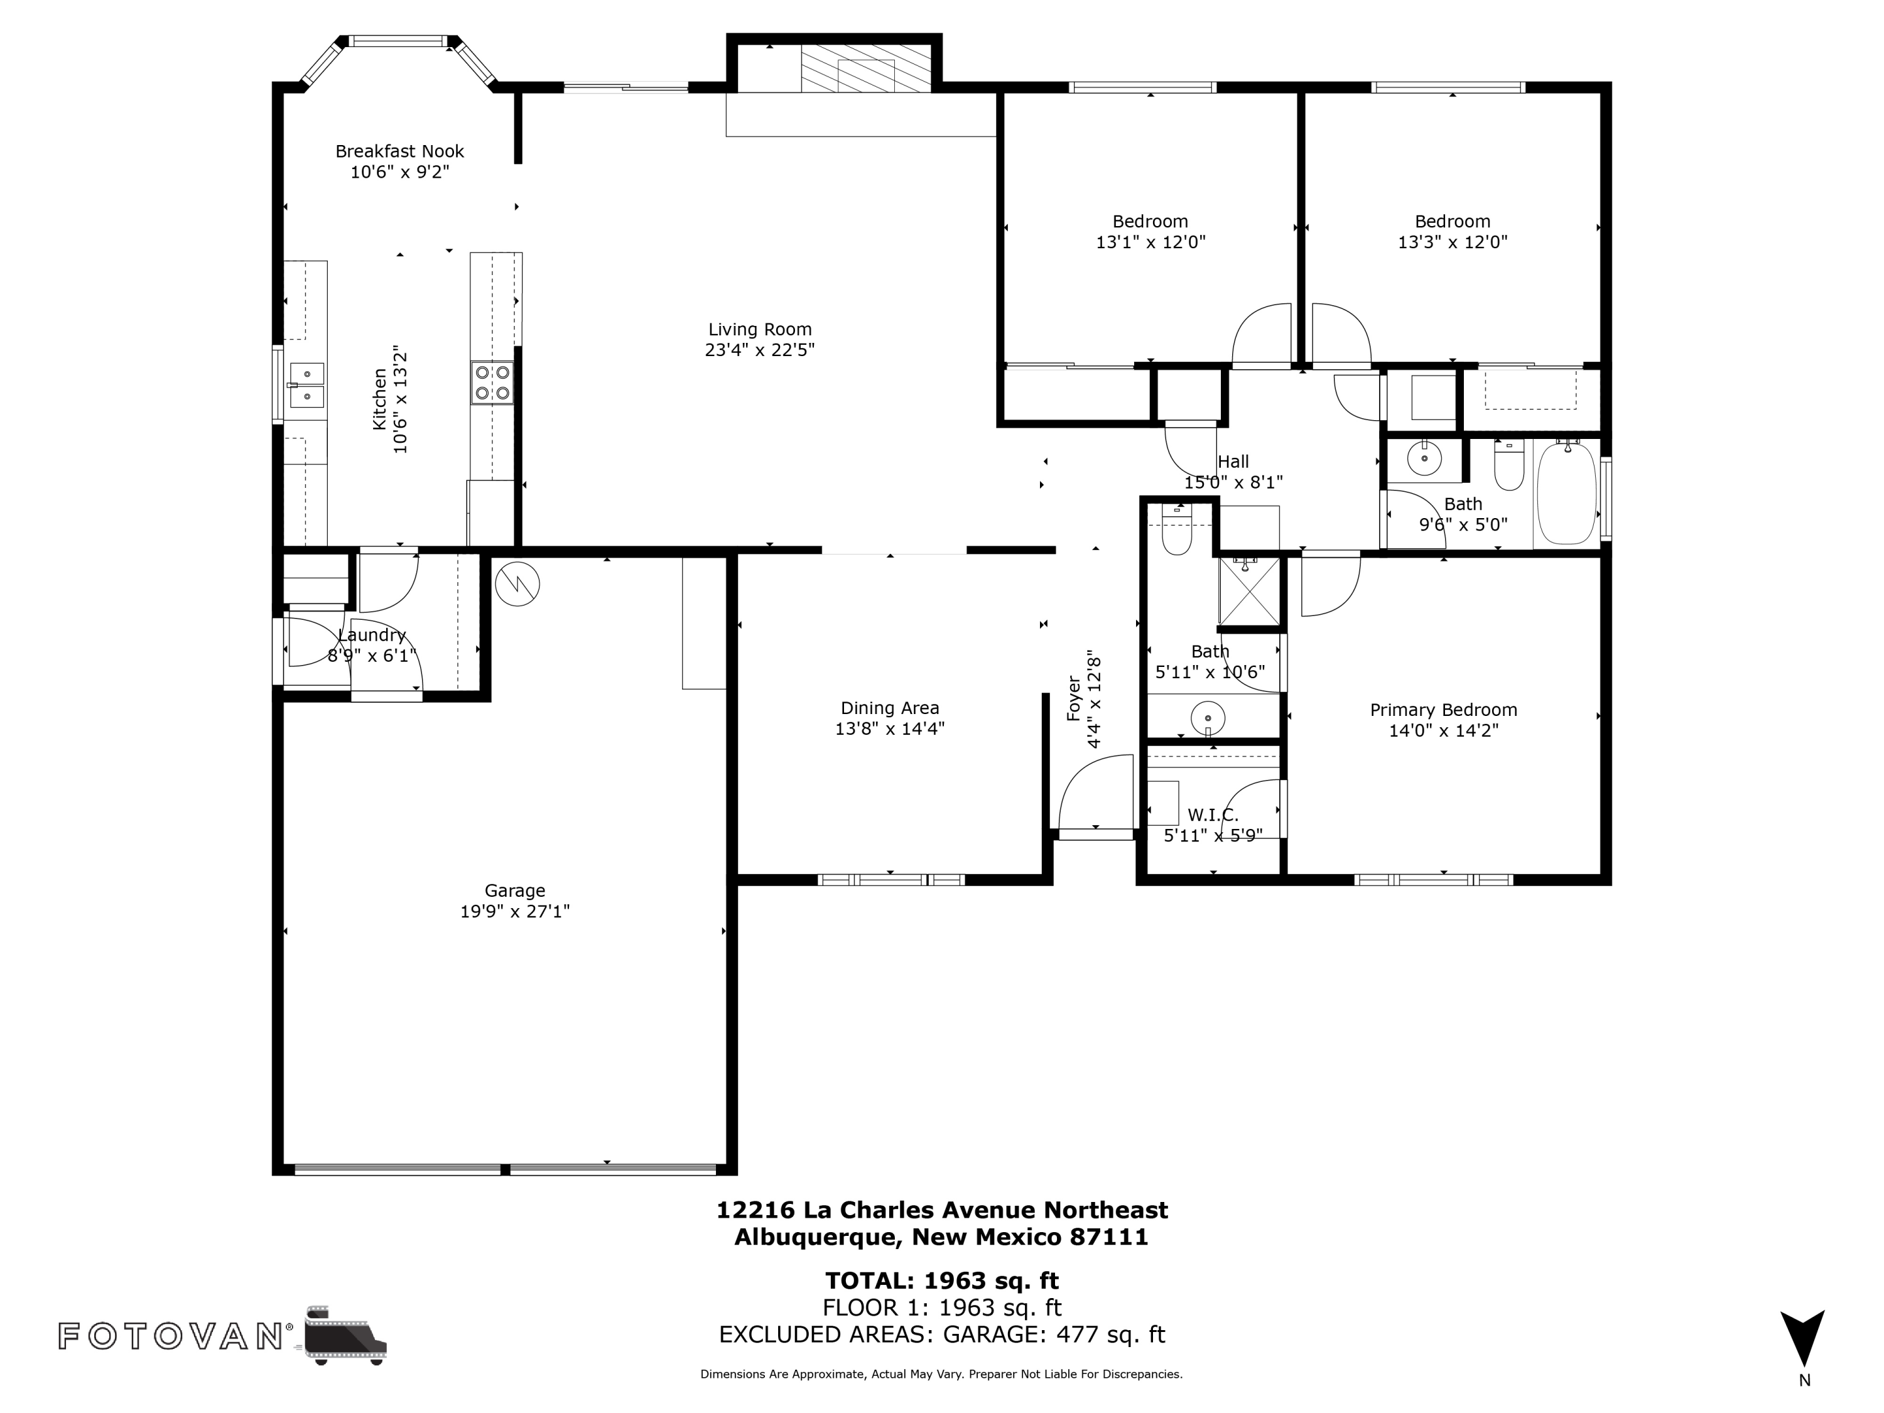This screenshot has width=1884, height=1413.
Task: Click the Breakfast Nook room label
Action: [399, 151]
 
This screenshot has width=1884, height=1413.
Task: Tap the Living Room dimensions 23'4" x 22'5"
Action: [760, 350]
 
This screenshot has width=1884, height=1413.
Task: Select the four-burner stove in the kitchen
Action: [492, 382]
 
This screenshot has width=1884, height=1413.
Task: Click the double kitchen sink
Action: [306, 385]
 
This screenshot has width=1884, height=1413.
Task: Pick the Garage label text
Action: [514, 890]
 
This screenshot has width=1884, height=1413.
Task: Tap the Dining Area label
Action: [889, 708]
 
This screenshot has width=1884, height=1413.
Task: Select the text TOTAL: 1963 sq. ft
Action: [941, 1280]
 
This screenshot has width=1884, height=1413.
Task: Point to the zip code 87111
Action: [1110, 1237]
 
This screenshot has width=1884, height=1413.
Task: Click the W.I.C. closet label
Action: [1213, 815]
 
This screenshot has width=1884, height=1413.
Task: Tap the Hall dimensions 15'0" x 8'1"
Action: [1233, 483]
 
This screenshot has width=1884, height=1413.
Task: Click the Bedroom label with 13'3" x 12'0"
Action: [1452, 222]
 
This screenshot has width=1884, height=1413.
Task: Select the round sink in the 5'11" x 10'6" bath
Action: [1208, 717]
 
